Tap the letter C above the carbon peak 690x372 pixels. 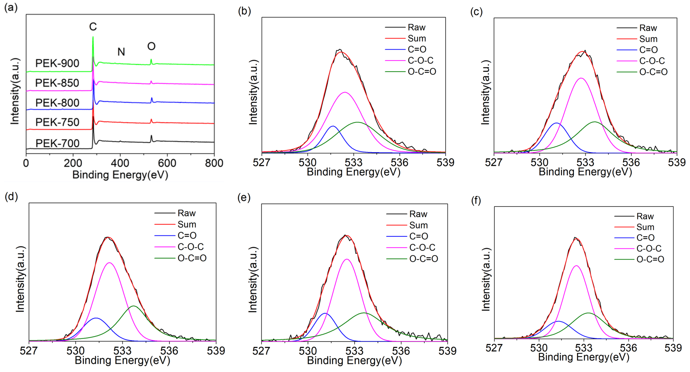[x=93, y=27]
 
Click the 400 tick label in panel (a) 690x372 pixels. [x=120, y=163]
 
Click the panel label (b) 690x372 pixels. [x=244, y=11]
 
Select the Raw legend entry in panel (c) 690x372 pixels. [x=648, y=28]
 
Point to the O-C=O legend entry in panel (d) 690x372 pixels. [x=192, y=258]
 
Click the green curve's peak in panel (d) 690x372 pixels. [x=134, y=306]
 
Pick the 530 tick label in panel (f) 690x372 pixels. [x=539, y=348]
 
